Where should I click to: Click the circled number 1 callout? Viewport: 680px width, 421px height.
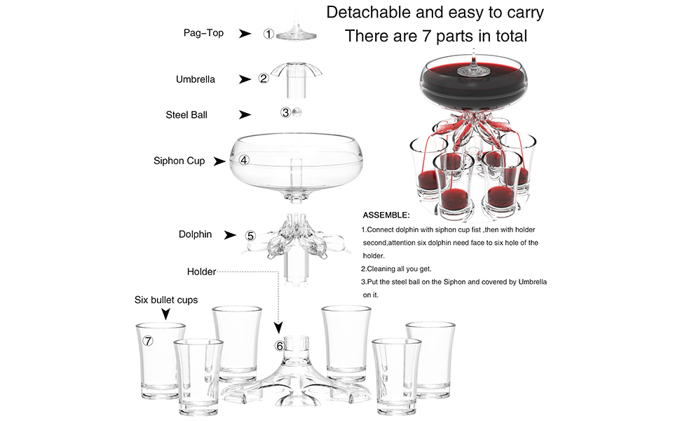(268, 34)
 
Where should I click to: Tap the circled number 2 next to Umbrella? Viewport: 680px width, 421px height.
(264, 79)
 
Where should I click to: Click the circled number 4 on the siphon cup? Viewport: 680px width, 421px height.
(244, 160)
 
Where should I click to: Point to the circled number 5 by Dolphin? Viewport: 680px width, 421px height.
(250, 236)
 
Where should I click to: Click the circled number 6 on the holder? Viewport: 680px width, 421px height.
(280, 346)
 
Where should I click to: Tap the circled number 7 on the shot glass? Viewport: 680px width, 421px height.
(148, 341)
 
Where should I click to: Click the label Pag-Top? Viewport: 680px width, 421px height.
(203, 33)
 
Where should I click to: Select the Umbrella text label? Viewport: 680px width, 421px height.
(196, 79)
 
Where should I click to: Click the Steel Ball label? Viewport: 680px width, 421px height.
(186, 114)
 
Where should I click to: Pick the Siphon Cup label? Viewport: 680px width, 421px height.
(179, 161)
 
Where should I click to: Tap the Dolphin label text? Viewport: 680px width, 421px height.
(195, 234)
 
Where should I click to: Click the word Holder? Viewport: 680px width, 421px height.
(201, 272)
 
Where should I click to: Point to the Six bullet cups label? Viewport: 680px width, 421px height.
(166, 300)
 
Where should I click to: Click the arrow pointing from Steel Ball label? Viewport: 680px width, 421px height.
(245, 114)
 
